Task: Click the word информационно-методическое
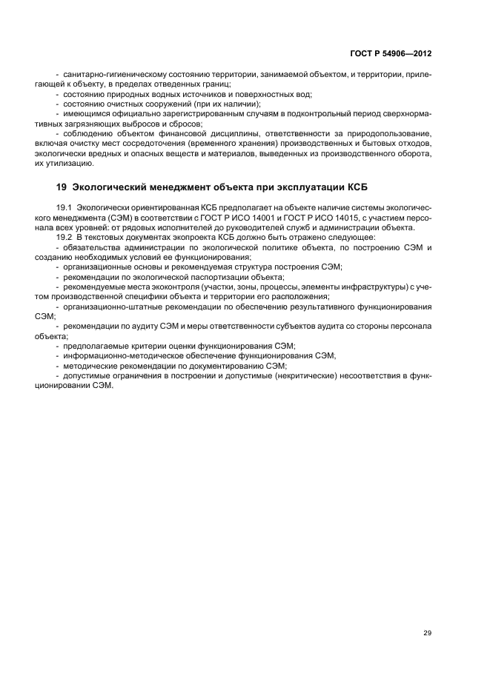click(119, 355)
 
